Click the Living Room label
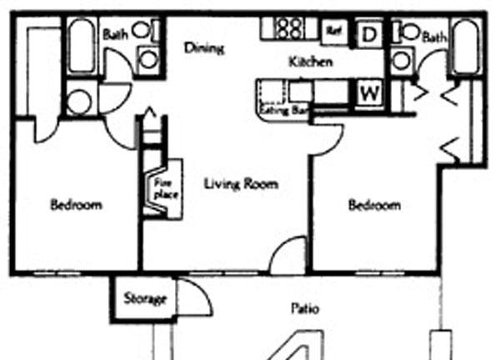point(242,184)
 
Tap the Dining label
point(204,48)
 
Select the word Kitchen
point(311,62)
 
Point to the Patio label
point(305,308)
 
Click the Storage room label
point(145,298)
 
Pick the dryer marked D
point(368,34)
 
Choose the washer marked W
point(370,93)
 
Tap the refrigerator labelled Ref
point(334,31)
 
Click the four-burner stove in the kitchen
point(290,28)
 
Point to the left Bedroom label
point(76,205)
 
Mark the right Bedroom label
point(374,205)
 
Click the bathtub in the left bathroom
point(83,46)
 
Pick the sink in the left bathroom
point(148,60)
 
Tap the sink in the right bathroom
point(402,61)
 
